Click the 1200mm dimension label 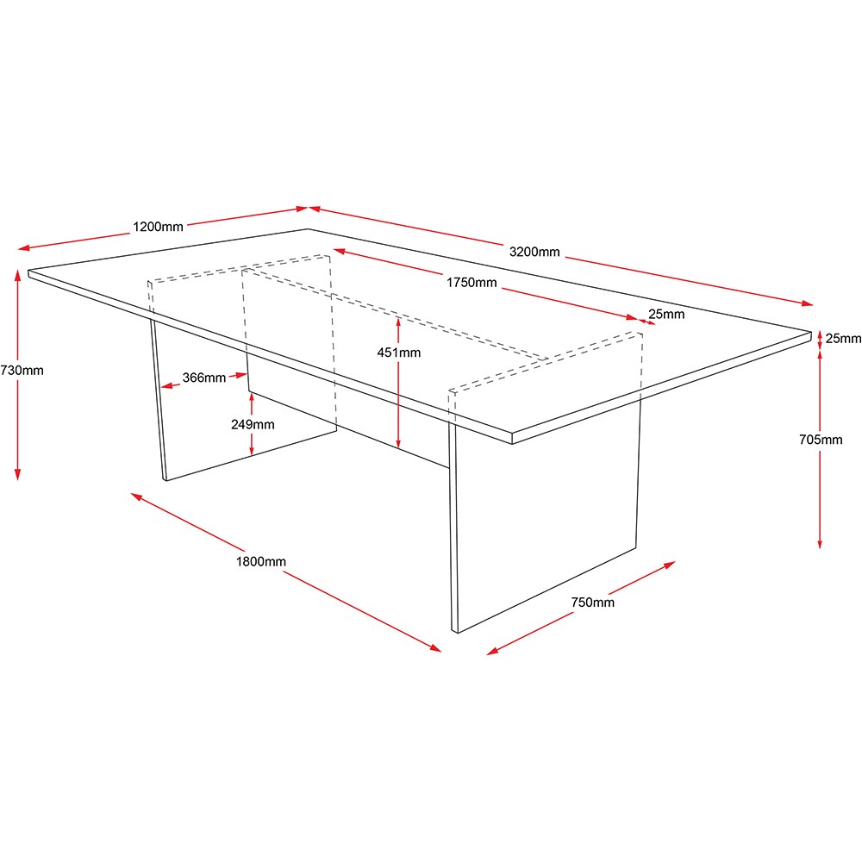(158, 227)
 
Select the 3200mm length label (534, 252)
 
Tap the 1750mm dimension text (472, 283)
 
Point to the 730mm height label (22, 371)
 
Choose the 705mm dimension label (821, 440)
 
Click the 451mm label (398, 353)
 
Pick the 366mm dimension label (204, 378)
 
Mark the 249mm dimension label (253, 424)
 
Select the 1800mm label (261, 561)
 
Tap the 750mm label (593, 602)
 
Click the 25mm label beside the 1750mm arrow (666, 314)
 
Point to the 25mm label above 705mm (843, 338)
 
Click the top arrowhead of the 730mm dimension (17, 274)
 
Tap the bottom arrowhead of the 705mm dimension (820, 543)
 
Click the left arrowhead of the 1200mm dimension (24, 248)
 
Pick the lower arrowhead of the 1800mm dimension (435, 648)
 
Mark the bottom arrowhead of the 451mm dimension (398, 443)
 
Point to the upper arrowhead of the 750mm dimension (670, 565)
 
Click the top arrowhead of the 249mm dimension (251, 397)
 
